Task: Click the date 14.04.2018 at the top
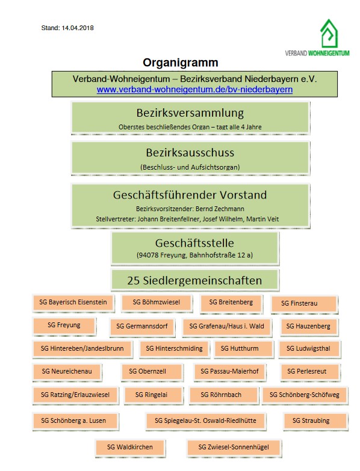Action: pyautogui.click(x=78, y=28)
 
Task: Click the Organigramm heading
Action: pyautogui.click(x=180, y=63)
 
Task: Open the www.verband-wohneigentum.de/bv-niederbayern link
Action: pyautogui.click(x=194, y=90)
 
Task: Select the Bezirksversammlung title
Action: pyautogui.click(x=190, y=113)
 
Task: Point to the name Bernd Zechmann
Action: pyautogui.click(x=220, y=209)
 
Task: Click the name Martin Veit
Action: pyautogui.click(x=262, y=219)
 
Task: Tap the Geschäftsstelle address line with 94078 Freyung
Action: pyautogui.click(x=194, y=255)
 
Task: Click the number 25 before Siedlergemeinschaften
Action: pyautogui.click(x=134, y=280)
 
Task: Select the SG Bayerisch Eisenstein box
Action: pyautogui.click(x=73, y=303)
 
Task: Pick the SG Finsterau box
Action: pyautogui.click(x=304, y=303)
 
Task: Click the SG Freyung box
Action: pyautogui.click(x=64, y=325)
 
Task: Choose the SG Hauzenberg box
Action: pyautogui.click(x=308, y=326)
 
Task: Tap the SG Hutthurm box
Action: pyautogui.click(x=243, y=348)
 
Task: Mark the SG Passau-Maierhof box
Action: pyautogui.click(x=229, y=372)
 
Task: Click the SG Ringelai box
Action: pyautogui.click(x=154, y=395)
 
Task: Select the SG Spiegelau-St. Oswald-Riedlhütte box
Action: pyautogui.click(x=205, y=421)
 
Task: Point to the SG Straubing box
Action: pyautogui.click(x=315, y=421)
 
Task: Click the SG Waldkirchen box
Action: pyautogui.click(x=130, y=448)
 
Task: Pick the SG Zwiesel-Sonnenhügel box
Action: pyautogui.click(x=234, y=448)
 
